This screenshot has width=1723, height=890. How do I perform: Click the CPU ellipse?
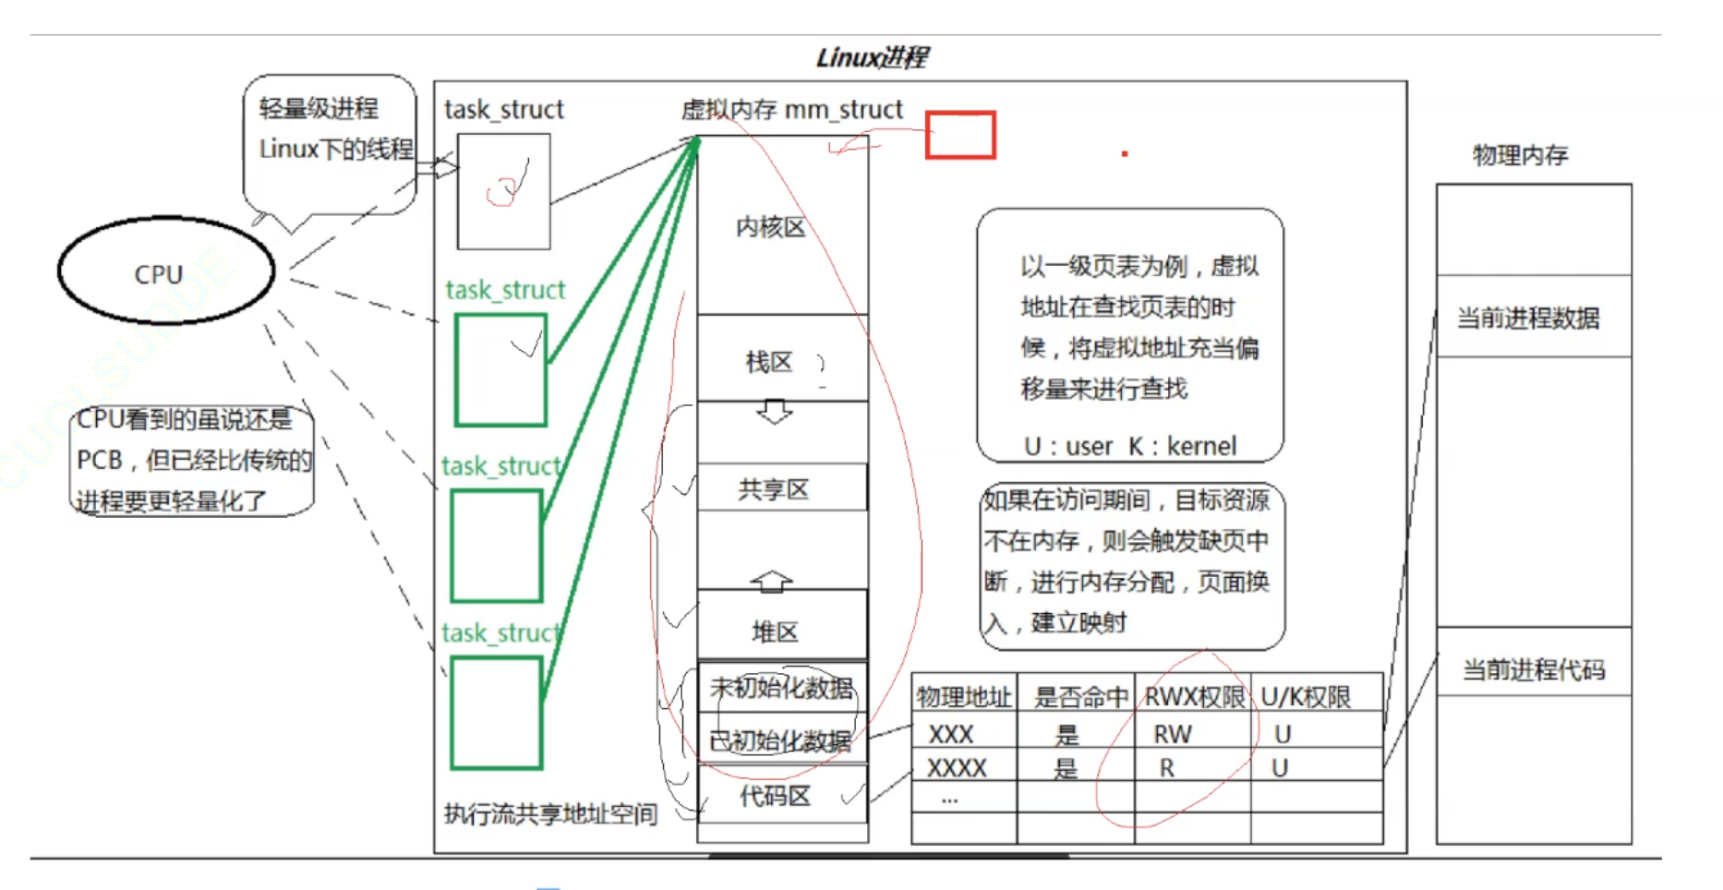pyautogui.click(x=166, y=271)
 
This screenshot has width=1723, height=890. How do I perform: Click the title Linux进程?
pyautogui.click(x=872, y=58)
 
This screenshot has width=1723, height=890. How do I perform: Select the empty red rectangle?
pyautogui.click(x=960, y=136)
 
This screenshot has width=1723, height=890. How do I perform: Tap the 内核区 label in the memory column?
pyautogui.click(x=771, y=227)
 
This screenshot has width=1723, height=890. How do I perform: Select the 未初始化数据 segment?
pyautogui.click(x=781, y=688)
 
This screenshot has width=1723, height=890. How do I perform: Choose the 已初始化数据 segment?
pyautogui.click(x=781, y=740)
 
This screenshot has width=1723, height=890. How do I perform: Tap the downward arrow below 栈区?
pyautogui.click(x=774, y=411)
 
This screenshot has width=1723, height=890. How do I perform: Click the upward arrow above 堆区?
pyautogui.click(x=772, y=581)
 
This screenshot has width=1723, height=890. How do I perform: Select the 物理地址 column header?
pyautogui.click(x=964, y=697)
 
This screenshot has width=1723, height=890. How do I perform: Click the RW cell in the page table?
pyautogui.click(x=1173, y=734)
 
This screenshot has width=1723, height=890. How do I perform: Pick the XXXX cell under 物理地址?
pyautogui.click(x=958, y=767)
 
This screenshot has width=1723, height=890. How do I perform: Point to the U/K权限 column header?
pyautogui.click(x=1306, y=697)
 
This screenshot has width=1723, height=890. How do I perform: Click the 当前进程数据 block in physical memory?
pyautogui.click(x=1533, y=318)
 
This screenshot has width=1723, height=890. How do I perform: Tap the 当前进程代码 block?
pyautogui.click(x=1533, y=668)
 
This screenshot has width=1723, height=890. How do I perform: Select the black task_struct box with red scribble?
pyautogui.click(x=504, y=191)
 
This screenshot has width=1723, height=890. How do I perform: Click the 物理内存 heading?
pyautogui.click(x=1521, y=155)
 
